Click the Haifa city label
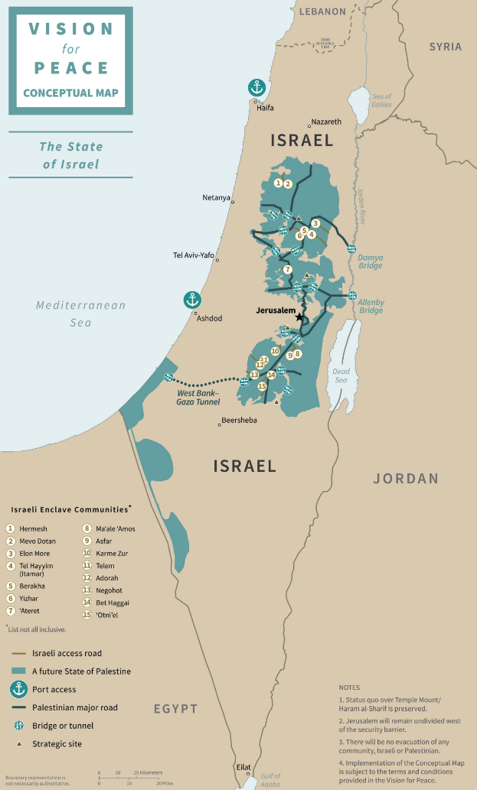coord(265,108)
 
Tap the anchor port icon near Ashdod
coord(192,300)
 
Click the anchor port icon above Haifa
coord(256,88)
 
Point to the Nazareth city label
coord(325,122)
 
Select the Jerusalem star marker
coord(299,317)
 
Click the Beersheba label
coord(238,420)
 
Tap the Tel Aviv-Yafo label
coord(194,255)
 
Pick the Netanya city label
coord(216,197)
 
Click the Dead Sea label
coord(341,375)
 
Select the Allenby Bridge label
coord(371,306)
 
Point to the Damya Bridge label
coord(370,262)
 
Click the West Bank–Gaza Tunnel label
coord(197,397)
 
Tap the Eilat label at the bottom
coord(243,766)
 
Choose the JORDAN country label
coord(406,479)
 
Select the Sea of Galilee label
coord(381,101)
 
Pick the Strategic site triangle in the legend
coord(18,743)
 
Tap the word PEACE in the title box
coord(70,67)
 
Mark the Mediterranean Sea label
coord(80,314)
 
